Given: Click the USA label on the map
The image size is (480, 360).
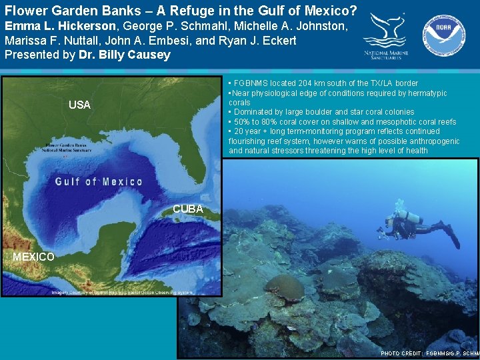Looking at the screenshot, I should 79,105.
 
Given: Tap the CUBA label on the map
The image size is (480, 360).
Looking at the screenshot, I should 188,209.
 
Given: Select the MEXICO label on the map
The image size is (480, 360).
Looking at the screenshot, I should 33,257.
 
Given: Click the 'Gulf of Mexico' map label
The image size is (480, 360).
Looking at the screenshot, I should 99,181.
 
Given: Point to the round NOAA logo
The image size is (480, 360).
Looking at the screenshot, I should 443,33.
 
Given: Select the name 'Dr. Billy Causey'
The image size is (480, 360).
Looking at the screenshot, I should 125,55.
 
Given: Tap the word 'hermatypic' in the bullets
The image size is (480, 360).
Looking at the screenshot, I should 427,93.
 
